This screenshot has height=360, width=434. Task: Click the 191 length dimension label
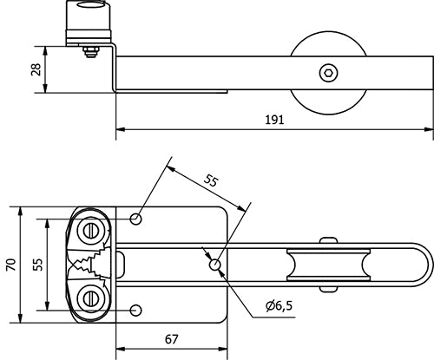274,120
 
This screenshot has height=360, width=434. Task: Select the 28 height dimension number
36,69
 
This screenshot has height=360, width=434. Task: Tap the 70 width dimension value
11,265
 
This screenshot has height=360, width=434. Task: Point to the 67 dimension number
172,339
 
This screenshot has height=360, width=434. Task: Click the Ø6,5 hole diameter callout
279,305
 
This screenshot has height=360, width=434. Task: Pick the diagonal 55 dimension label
210,181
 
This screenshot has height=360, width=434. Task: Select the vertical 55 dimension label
37,265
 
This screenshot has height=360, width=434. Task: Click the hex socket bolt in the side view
329,73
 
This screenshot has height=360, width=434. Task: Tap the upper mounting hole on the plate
135,219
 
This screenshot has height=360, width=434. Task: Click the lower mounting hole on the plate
135,311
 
